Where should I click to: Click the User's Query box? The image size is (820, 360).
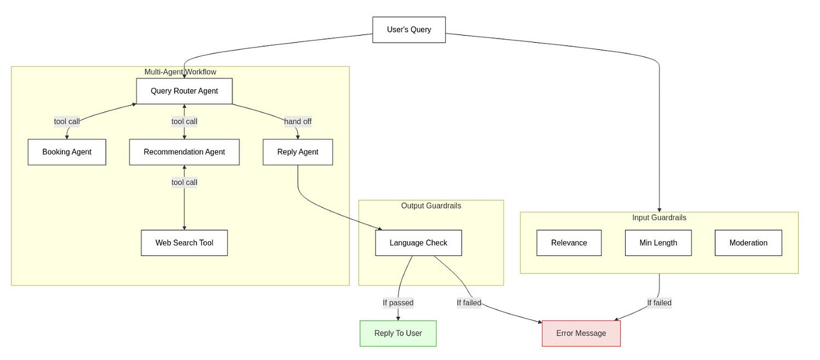coord(409,30)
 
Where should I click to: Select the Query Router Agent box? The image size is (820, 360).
coord(184,91)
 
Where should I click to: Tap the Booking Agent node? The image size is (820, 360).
coord(67,152)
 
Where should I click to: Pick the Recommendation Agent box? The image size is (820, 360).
coord(184,152)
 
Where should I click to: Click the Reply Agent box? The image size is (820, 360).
coord(298,152)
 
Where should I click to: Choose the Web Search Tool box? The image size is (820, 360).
coord(184,243)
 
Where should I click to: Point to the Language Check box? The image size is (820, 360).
coord(418,243)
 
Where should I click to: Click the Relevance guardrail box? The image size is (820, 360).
coord(569,243)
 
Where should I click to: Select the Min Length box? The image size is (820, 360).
coord(658,243)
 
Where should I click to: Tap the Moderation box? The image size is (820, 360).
coord(748,243)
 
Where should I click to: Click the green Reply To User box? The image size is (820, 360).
coord(398,333)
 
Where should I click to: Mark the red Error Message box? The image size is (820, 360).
coord(581,333)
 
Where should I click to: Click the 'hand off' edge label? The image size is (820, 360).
coord(298,122)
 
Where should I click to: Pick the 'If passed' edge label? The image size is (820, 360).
coord(398,303)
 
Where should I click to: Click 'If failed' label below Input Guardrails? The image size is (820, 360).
coord(659,303)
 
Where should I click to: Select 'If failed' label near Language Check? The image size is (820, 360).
coord(469,303)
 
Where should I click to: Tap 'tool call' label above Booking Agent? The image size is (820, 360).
coord(67,122)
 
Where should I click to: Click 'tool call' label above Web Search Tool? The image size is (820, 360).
coord(184,182)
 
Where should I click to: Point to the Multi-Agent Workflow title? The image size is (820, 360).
coord(180,72)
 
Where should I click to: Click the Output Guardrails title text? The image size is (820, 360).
coord(431,206)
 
